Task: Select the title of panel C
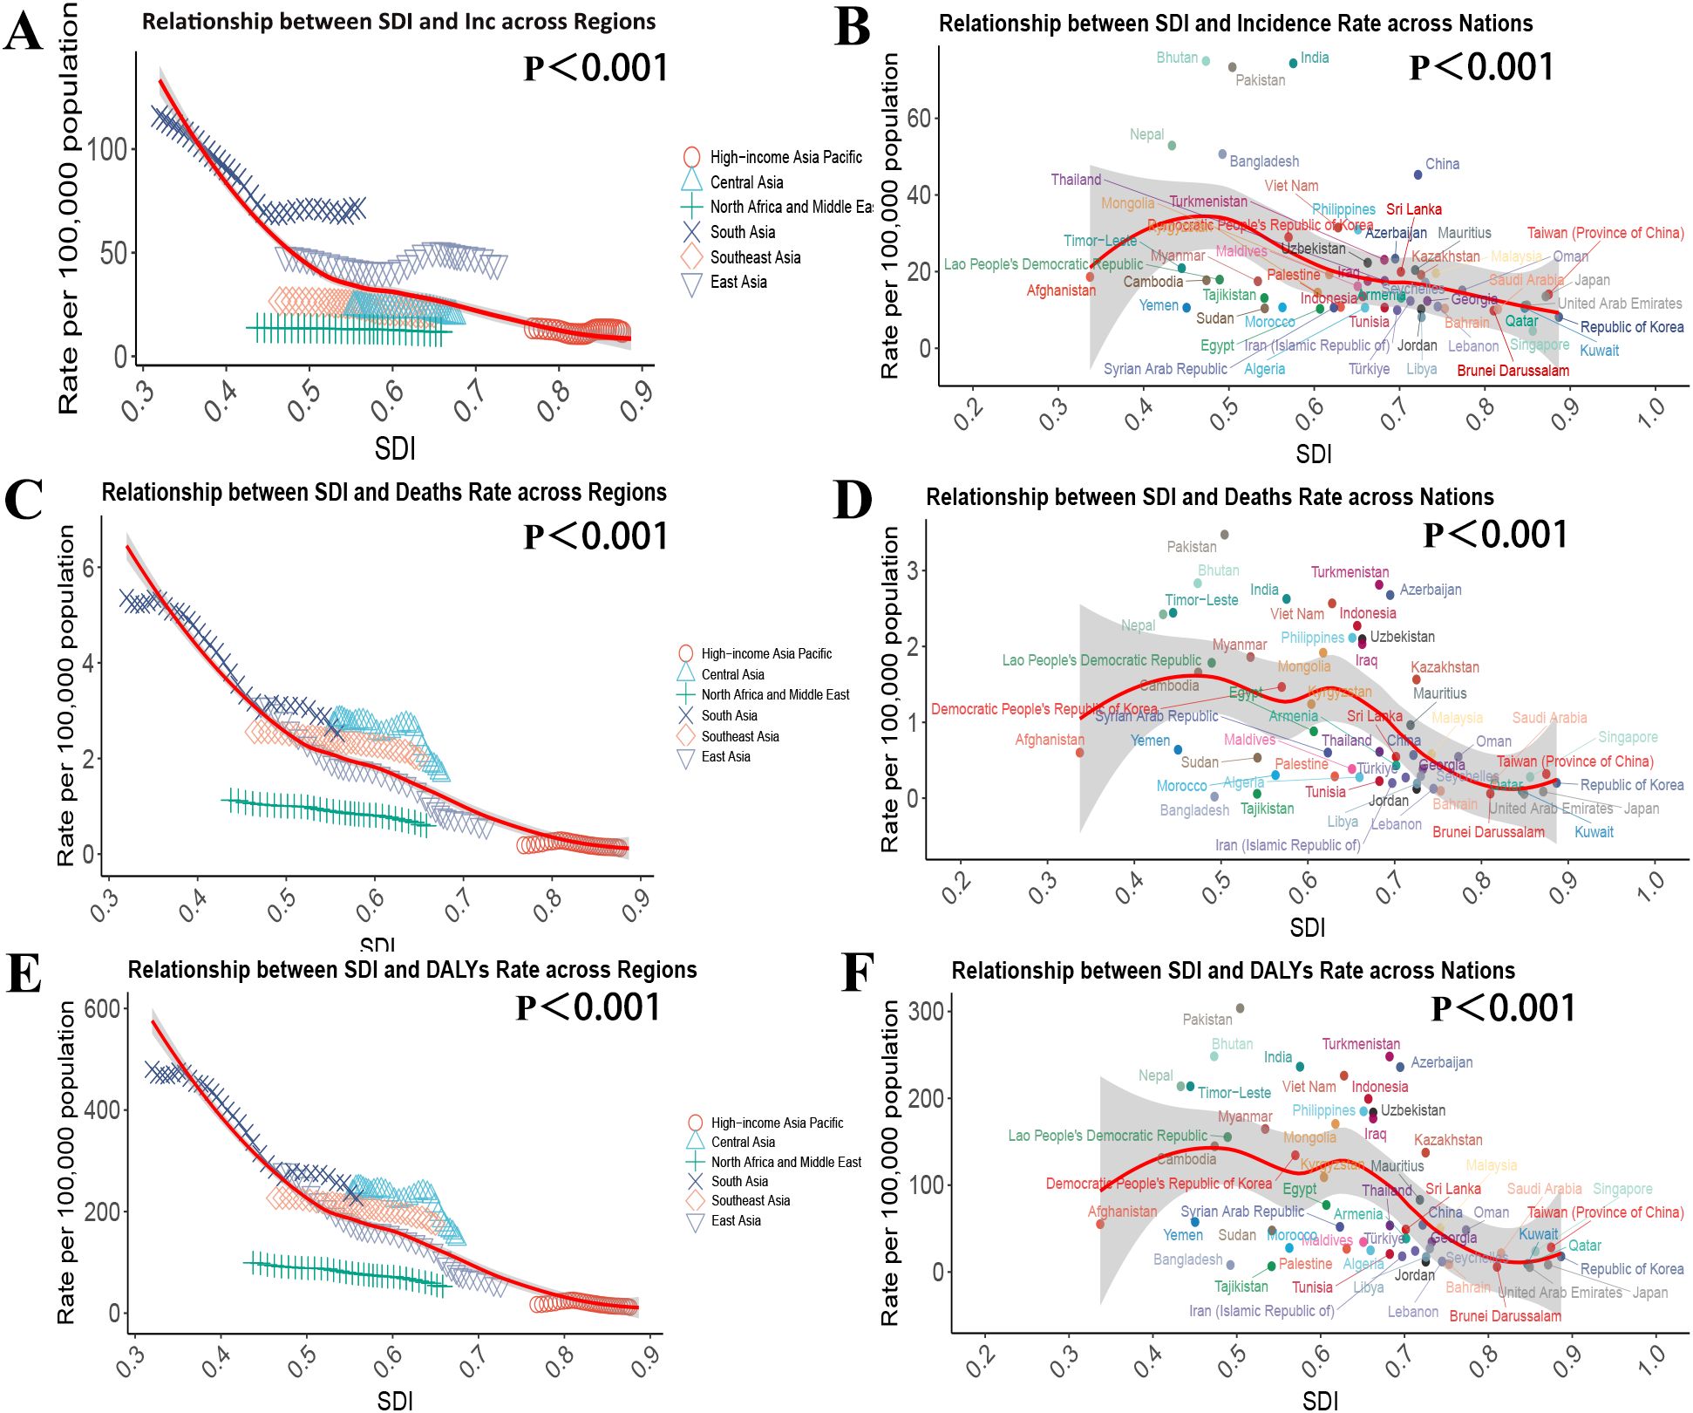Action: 384,493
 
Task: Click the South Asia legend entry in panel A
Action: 742,232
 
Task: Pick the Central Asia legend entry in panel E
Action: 743,1142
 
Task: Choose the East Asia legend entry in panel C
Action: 725,757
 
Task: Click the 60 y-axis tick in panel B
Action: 919,118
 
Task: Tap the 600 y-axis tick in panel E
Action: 101,1009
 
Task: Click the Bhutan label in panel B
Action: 1176,58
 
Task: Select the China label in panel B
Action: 1442,164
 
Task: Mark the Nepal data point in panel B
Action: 1172,146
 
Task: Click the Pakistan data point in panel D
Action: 1224,535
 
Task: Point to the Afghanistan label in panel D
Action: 1049,740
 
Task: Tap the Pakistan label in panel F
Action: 1207,1019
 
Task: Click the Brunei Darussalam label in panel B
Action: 1513,371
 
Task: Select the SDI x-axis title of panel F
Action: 1320,1401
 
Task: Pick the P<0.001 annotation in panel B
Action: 1481,67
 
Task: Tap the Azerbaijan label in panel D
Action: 1430,590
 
